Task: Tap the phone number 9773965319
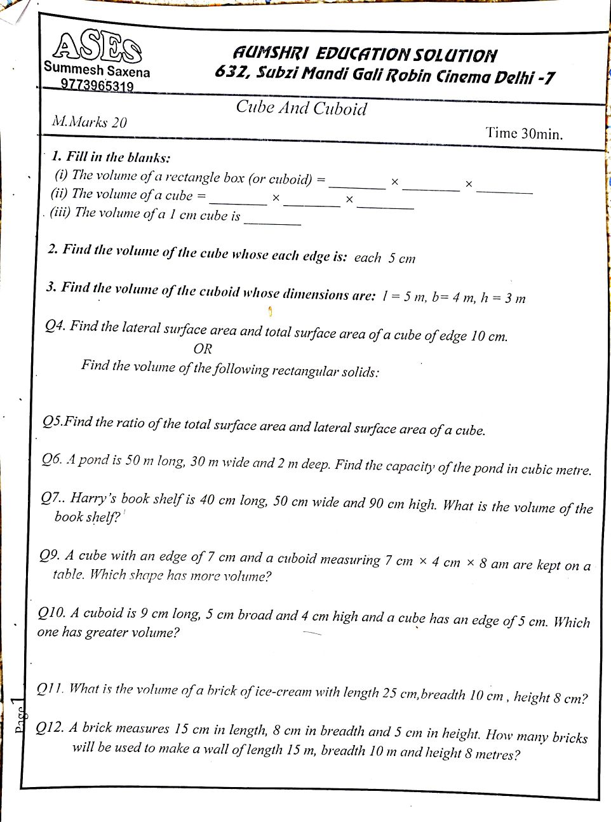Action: pos(97,86)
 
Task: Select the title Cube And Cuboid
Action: pos(301,107)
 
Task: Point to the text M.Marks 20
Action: pos(90,121)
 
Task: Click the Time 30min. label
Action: pos(524,133)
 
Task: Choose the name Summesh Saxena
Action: pos(97,71)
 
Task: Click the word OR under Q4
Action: pos(203,349)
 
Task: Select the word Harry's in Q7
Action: pos(93,498)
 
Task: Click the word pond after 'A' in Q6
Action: pos(94,460)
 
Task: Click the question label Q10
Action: pos(51,612)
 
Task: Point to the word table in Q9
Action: pos(68,574)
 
